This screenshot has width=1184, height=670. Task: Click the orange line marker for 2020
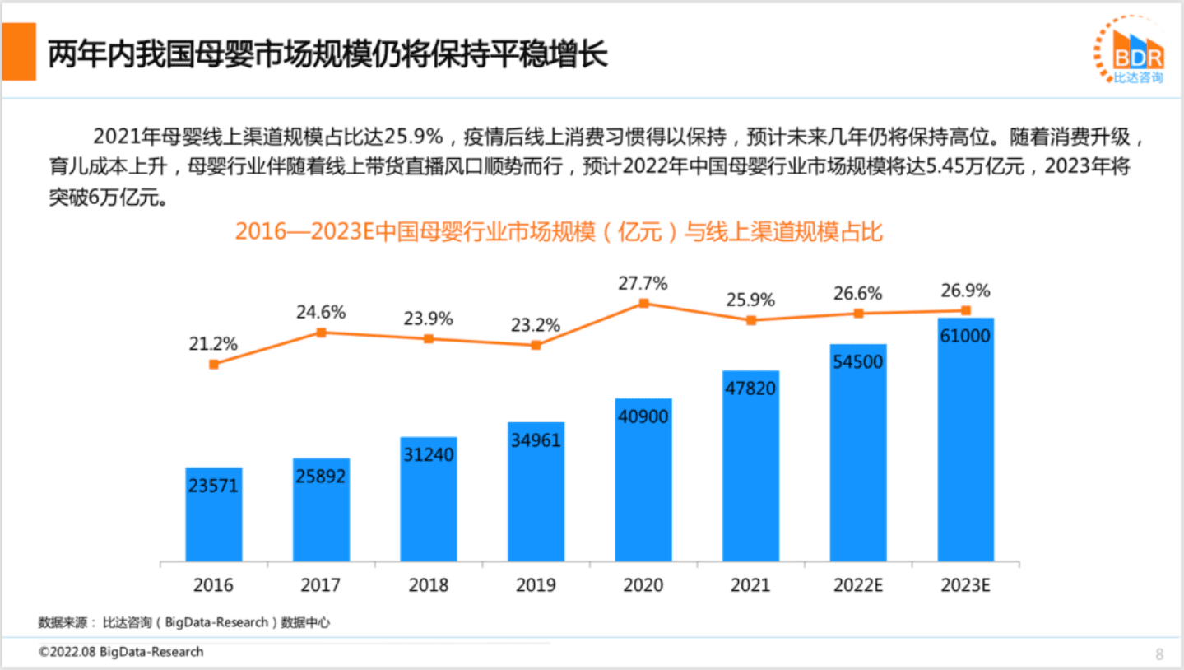click(x=643, y=303)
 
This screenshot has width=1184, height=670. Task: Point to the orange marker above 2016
click(x=214, y=364)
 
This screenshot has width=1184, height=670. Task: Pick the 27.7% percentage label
click(x=643, y=283)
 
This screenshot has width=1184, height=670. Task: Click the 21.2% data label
click(x=214, y=344)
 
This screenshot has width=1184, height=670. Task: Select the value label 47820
click(x=750, y=388)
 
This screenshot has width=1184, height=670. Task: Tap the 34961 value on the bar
click(x=536, y=440)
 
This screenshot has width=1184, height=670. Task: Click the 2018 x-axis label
click(x=429, y=585)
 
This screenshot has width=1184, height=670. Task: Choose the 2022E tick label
click(x=858, y=585)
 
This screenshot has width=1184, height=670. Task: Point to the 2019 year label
click(x=536, y=585)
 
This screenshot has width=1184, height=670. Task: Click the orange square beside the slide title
click(x=19, y=52)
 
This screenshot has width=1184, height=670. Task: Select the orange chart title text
click(x=559, y=231)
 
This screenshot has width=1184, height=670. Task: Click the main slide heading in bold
click(x=327, y=54)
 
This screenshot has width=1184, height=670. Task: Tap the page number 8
click(x=1159, y=654)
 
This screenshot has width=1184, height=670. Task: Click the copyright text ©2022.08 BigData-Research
click(x=121, y=652)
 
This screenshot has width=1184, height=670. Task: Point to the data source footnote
click(x=184, y=622)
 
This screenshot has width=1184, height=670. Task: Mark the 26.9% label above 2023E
click(x=966, y=291)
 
